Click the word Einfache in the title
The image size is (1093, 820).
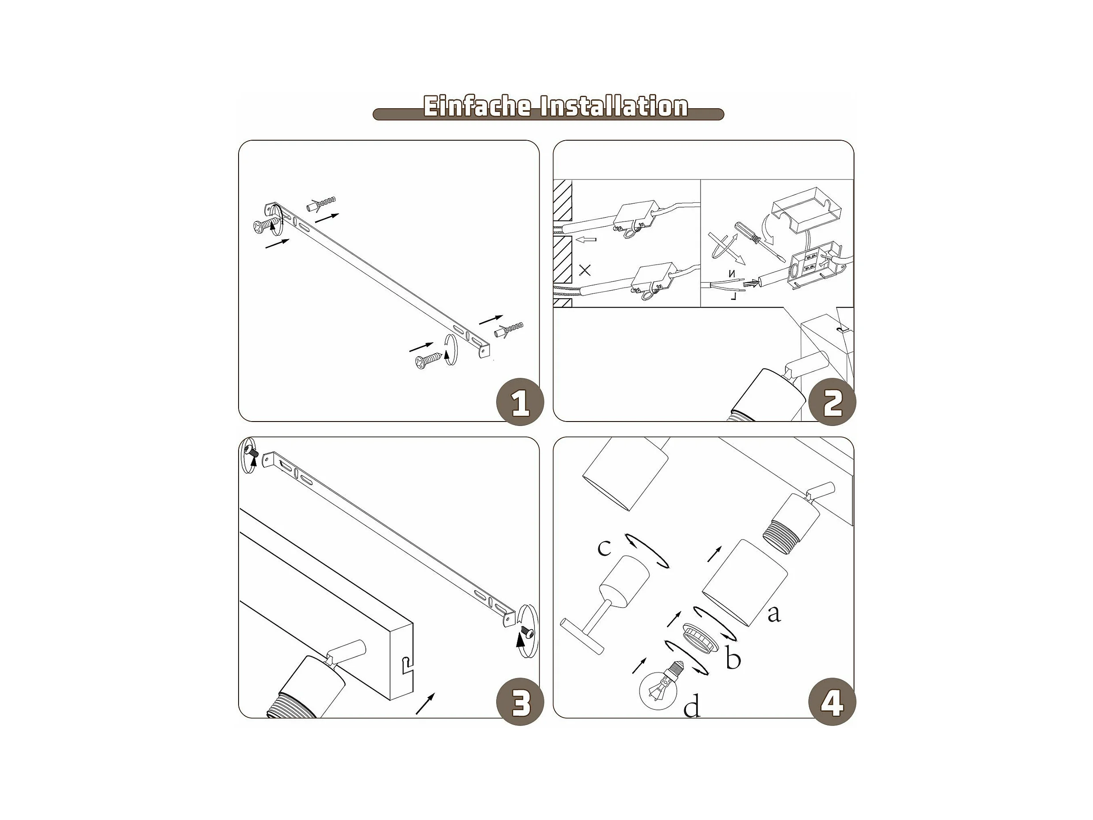477,106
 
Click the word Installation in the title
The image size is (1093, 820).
614,106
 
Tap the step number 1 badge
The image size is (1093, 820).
520,402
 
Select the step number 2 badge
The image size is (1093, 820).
833,402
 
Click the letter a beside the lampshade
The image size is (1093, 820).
774,614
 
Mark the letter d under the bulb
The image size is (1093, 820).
692,706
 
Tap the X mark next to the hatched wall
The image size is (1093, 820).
584,270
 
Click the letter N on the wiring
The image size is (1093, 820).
732,273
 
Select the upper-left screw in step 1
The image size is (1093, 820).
264,226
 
